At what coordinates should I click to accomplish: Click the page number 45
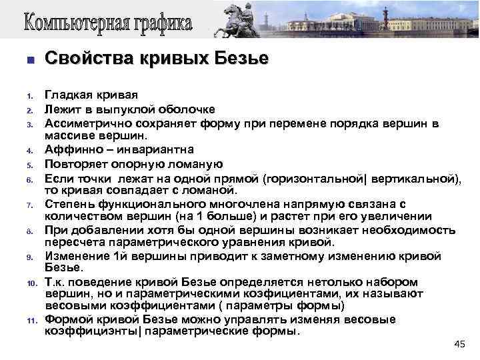[459, 344]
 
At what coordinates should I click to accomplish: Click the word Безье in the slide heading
[241, 59]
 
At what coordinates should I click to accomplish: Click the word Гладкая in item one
[67, 96]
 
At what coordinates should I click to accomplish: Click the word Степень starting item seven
[67, 204]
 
